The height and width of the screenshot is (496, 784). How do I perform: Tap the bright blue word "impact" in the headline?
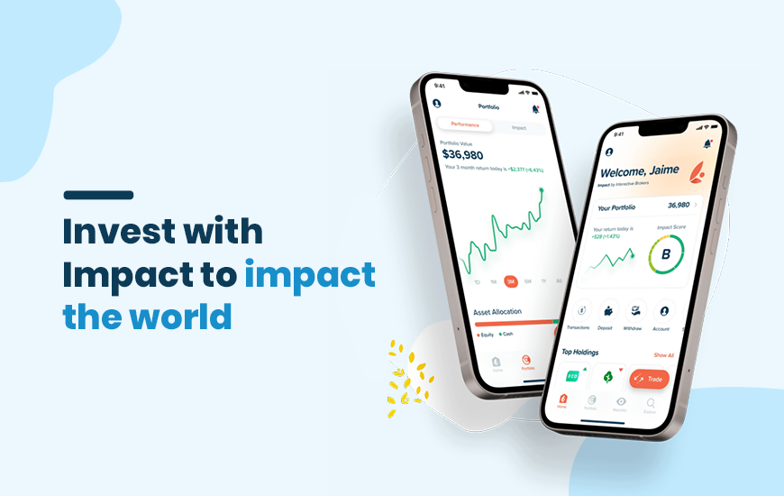click(309, 274)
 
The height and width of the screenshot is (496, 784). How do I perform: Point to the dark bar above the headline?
click(98, 195)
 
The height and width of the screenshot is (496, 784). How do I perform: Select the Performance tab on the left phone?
click(465, 124)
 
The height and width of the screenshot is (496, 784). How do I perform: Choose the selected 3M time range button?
click(510, 281)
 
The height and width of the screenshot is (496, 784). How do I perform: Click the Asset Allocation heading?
click(498, 312)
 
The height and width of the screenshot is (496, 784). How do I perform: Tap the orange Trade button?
click(649, 380)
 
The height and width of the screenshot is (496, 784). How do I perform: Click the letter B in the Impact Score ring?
click(666, 255)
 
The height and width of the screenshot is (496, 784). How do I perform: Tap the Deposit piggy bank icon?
click(608, 309)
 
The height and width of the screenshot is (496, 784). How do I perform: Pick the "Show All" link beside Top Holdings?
click(663, 355)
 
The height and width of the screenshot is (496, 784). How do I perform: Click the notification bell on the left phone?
click(536, 109)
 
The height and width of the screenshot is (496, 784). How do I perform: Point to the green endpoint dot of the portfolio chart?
click(542, 190)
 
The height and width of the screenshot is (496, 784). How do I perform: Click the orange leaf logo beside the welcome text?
click(697, 170)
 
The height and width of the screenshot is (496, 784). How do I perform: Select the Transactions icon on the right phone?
click(582, 308)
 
